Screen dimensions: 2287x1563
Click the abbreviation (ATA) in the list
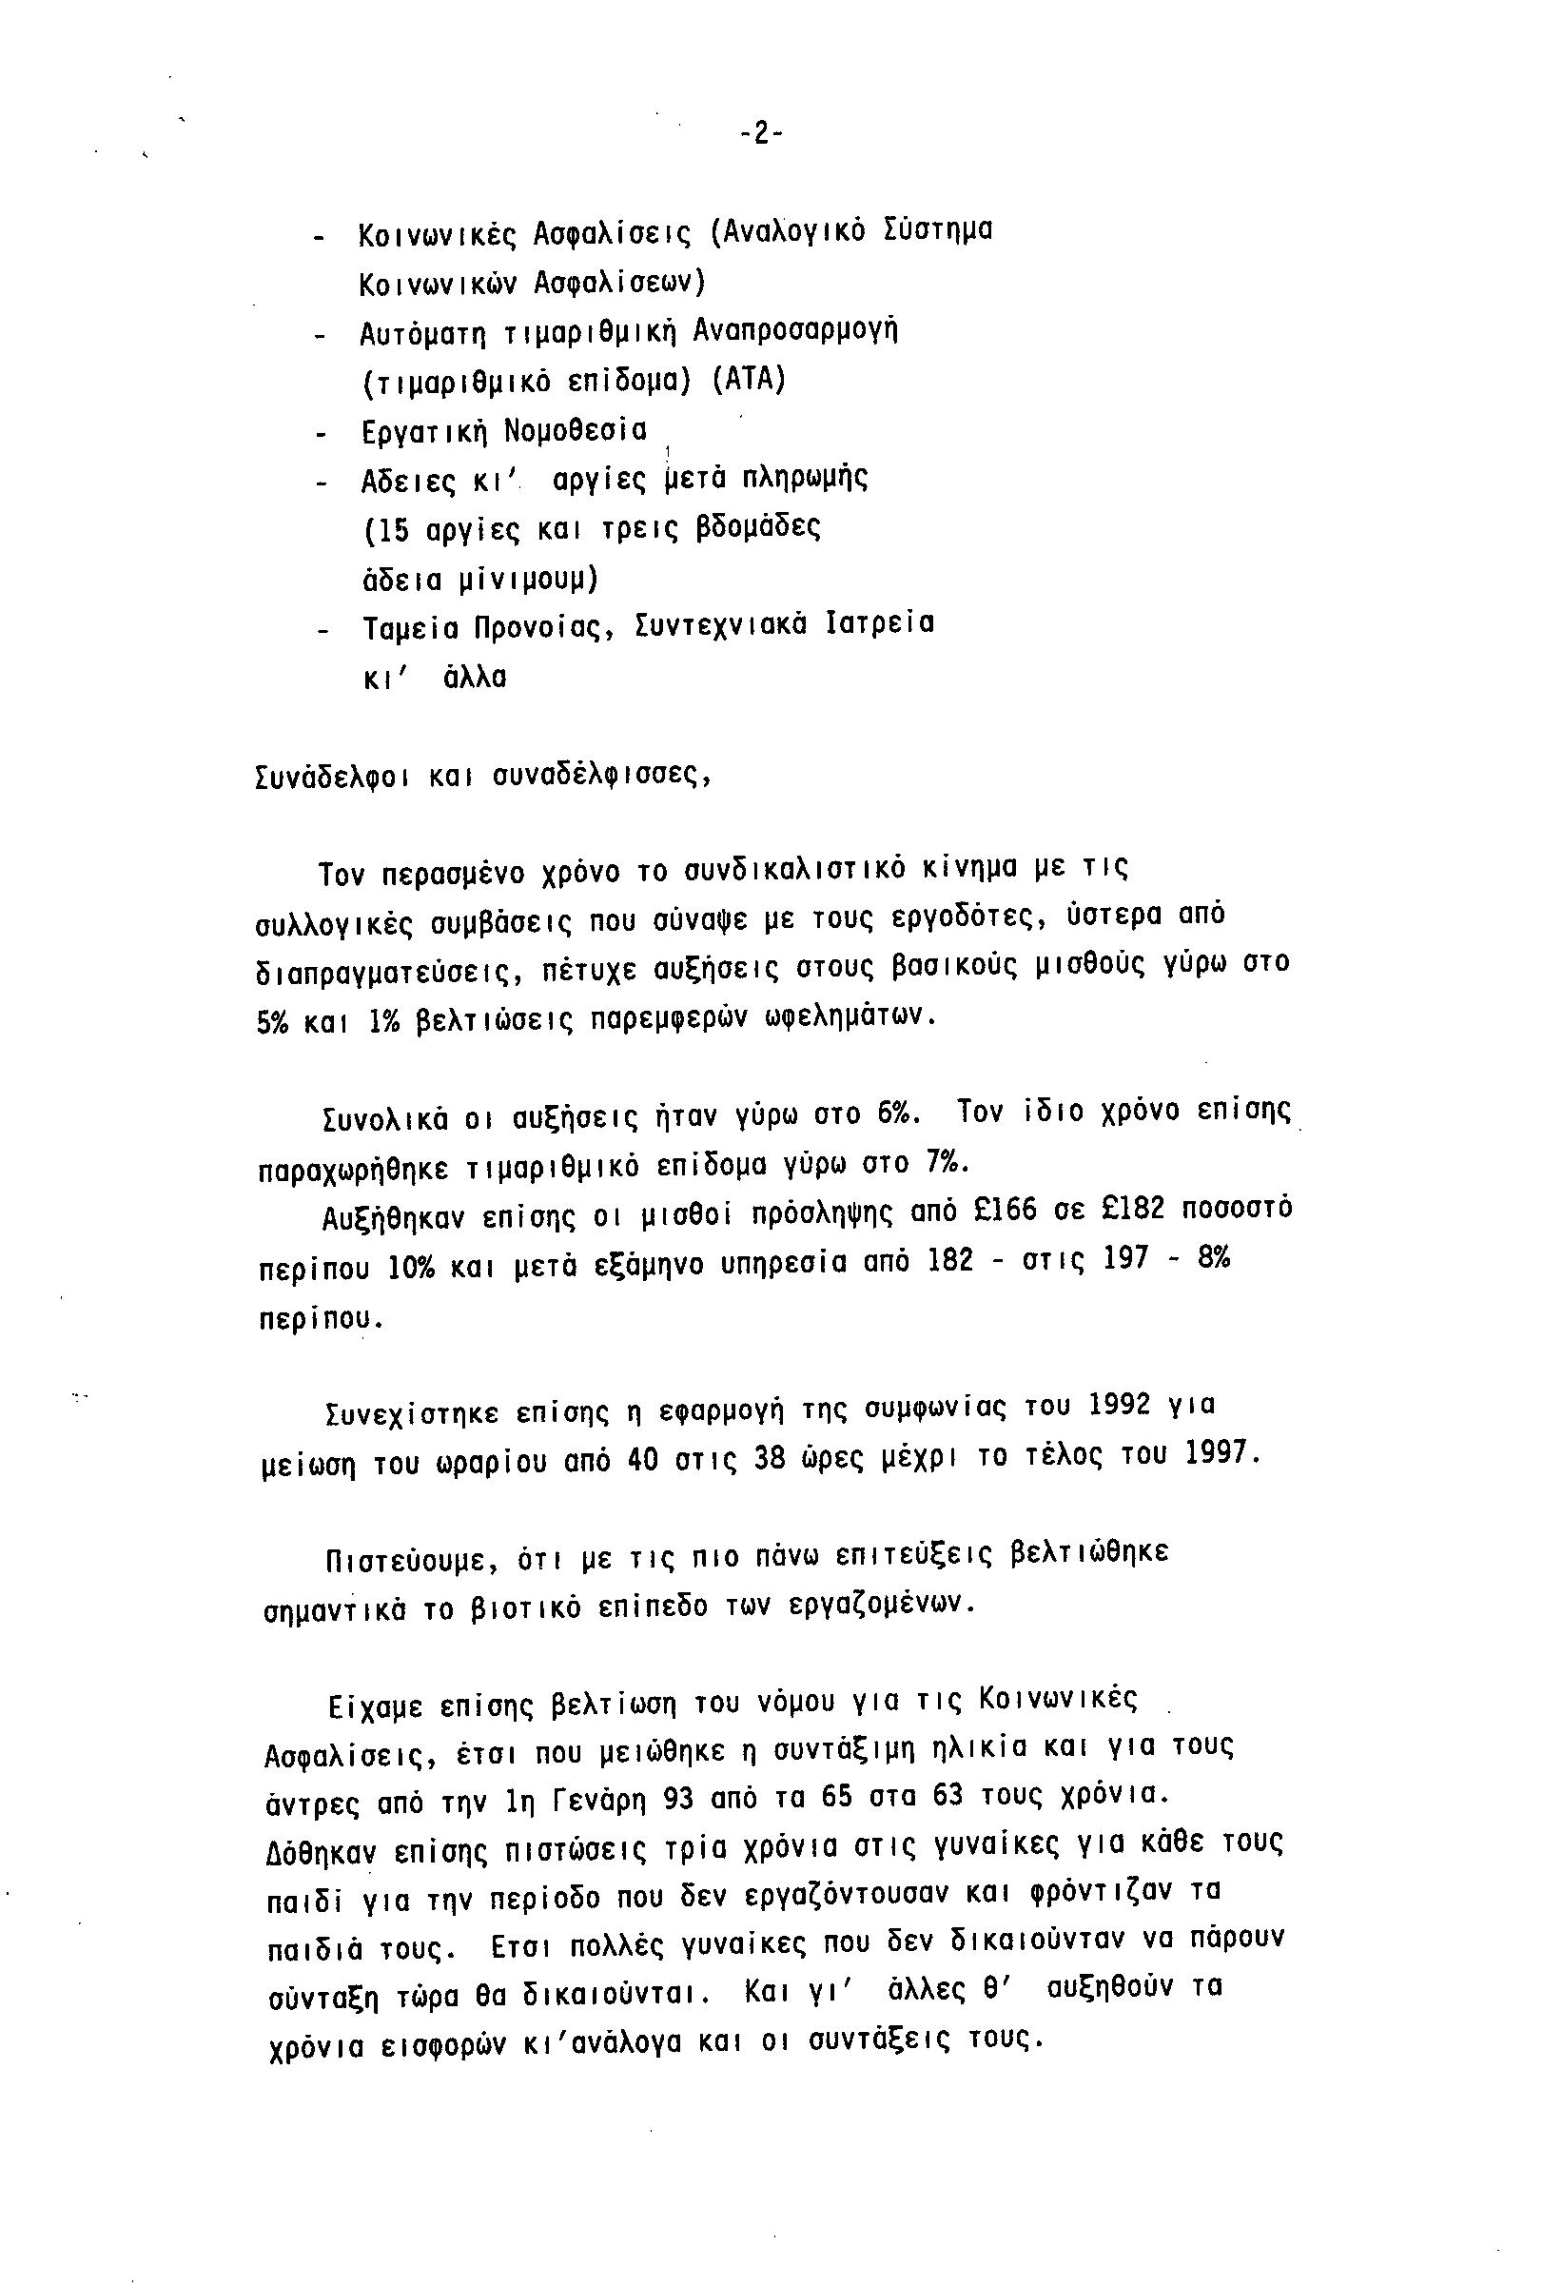749,380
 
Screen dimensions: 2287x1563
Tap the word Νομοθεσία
576,431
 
